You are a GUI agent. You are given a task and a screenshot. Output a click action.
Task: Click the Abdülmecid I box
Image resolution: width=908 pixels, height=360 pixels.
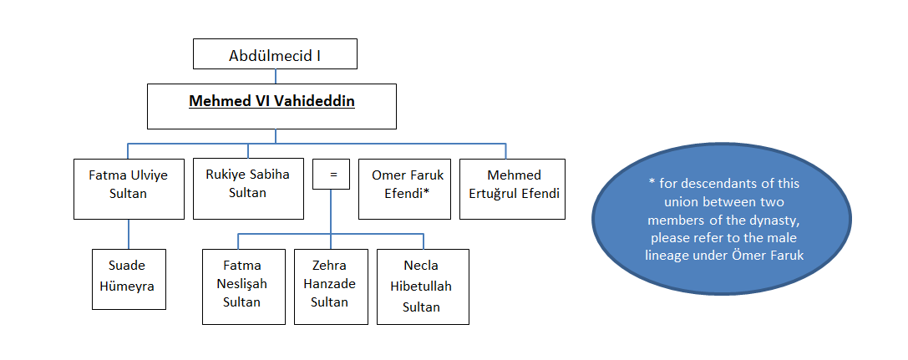point(275,55)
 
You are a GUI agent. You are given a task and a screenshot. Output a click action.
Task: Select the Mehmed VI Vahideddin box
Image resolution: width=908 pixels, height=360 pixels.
point(272,105)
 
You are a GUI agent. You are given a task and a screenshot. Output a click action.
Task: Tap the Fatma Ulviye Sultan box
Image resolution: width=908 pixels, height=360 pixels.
point(129,189)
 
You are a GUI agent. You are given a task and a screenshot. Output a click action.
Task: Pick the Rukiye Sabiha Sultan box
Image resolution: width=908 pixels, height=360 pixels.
point(247,189)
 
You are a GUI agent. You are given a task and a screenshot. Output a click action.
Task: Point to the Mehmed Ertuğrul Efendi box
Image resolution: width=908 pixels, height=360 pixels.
point(512,189)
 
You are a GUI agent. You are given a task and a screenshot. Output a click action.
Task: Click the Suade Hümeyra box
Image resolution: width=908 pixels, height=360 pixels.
point(129,279)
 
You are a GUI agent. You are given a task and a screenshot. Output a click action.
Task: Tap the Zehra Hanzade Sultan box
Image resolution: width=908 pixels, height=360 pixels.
point(330,286)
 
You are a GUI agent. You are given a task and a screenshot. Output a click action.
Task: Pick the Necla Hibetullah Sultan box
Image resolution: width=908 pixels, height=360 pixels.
point(422,286)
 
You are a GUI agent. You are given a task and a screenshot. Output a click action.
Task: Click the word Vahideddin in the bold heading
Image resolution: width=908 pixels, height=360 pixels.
point(311,101)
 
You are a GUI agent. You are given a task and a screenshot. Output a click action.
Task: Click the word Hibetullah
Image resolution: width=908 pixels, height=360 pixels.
point(423,287)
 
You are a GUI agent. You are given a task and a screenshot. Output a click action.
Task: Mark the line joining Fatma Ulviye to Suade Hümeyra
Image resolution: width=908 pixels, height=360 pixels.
point(129,235)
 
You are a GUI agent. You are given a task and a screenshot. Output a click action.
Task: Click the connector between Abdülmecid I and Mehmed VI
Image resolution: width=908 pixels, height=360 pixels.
point(275,75)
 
